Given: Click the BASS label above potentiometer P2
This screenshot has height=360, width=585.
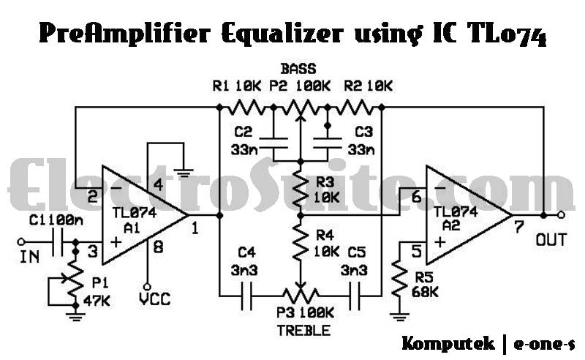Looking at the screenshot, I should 300,70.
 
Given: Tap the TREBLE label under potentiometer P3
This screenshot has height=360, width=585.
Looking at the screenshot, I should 301,330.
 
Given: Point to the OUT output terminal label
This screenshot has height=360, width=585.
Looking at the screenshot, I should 551,239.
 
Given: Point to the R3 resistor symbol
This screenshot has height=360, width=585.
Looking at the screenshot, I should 300,187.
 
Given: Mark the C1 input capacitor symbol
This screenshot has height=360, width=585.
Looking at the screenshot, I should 58,241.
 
